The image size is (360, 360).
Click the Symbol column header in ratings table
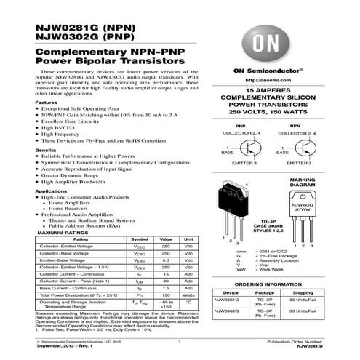[x=139, y=239]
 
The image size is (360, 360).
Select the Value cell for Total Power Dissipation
[x=166, y=295]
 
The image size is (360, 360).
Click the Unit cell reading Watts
[x=189, y=295]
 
